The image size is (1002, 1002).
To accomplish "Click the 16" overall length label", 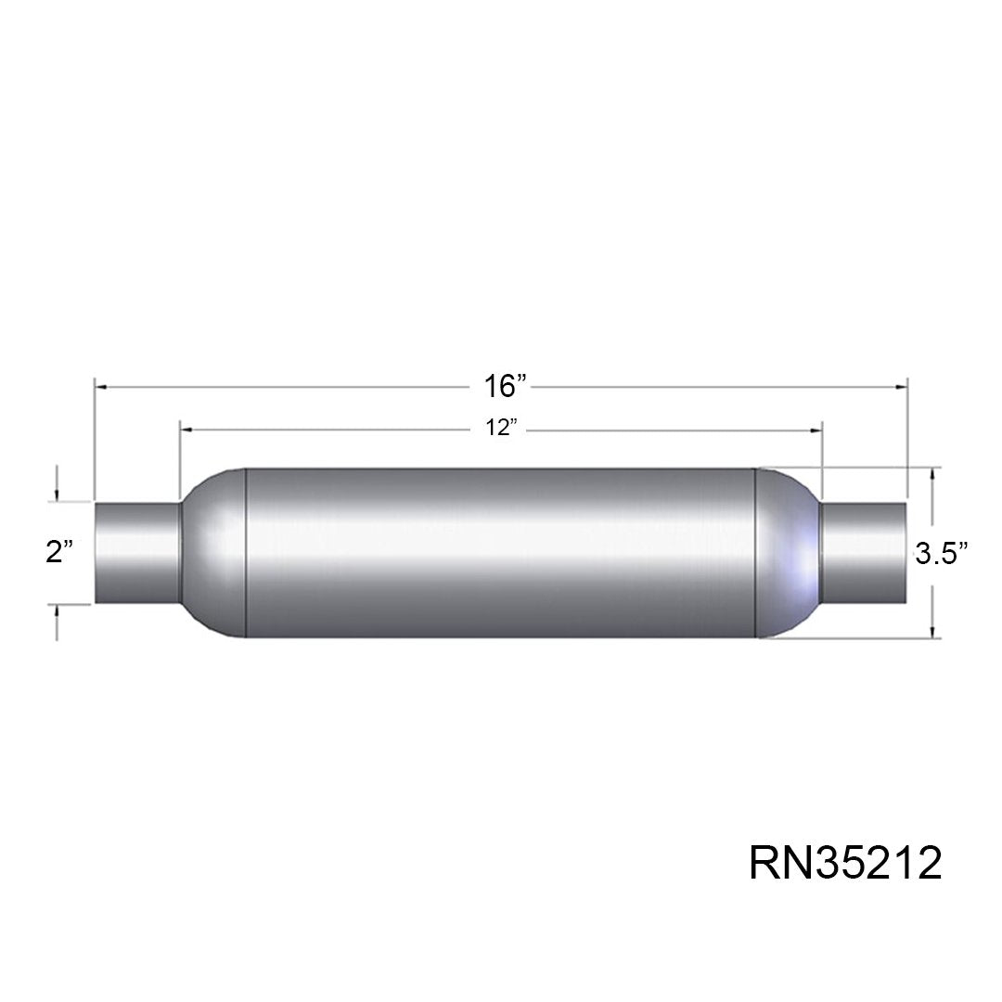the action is point(504,387).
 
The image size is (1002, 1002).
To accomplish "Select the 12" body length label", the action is point(500,428).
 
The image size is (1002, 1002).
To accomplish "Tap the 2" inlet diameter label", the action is point(59,551).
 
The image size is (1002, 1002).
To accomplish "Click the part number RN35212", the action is point(845,863).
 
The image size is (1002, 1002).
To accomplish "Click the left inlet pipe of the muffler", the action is point(137,553).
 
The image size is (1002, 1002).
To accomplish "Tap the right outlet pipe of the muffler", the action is point(864,553).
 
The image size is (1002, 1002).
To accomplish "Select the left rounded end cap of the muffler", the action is point(213,553).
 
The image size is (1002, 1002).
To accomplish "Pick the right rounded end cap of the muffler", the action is point(789,553).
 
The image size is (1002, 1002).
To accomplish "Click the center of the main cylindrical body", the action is point(501,553).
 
